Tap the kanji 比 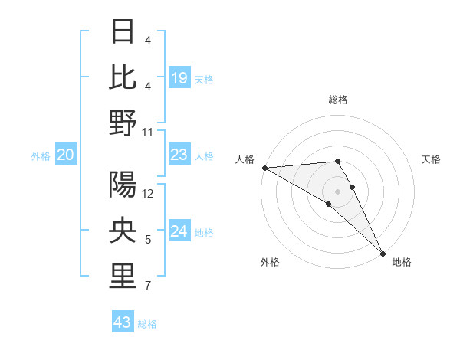click(123, 77)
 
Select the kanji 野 click(123, 123)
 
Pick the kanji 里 click(123, 277)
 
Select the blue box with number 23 click(179, 155)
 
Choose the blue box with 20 click(66, 155)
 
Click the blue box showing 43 click(123, 322)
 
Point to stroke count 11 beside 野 click(149, 132)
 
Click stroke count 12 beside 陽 click(149, 194)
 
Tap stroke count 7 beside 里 click(148, 286)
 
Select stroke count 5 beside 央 click(148, 241)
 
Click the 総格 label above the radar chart click(337, 100)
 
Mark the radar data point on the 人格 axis click(264, 168)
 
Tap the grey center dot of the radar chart click(337, 191)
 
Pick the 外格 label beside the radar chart click(270, 263)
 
